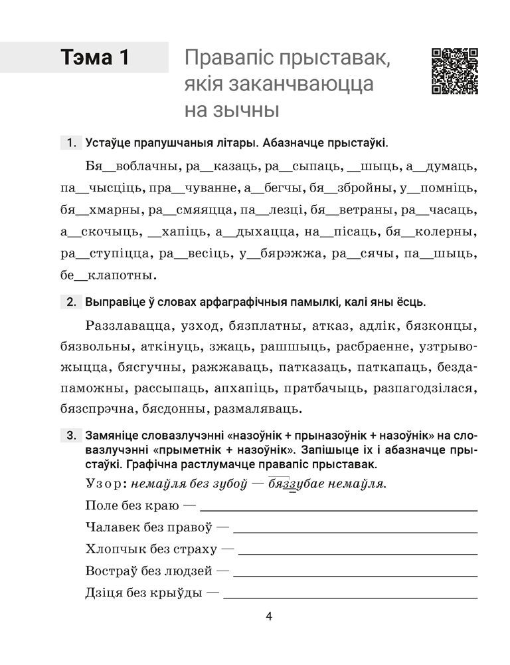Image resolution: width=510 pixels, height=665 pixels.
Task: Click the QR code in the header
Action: (455, 71)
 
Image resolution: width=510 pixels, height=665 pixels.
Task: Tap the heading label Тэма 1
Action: (94, 58)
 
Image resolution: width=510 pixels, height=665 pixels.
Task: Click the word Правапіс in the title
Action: (229, 59)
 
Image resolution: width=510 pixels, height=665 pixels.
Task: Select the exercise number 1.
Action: (70, 143)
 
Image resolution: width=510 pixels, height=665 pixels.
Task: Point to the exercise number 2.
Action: (70, 303)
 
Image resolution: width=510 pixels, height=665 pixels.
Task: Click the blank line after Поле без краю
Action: (339, 508)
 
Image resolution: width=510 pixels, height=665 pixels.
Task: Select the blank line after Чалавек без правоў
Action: (356, 531)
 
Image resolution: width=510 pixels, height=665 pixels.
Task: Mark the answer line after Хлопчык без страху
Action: (358, 552)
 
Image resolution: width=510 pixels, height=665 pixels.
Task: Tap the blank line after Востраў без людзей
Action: (356, 573)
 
